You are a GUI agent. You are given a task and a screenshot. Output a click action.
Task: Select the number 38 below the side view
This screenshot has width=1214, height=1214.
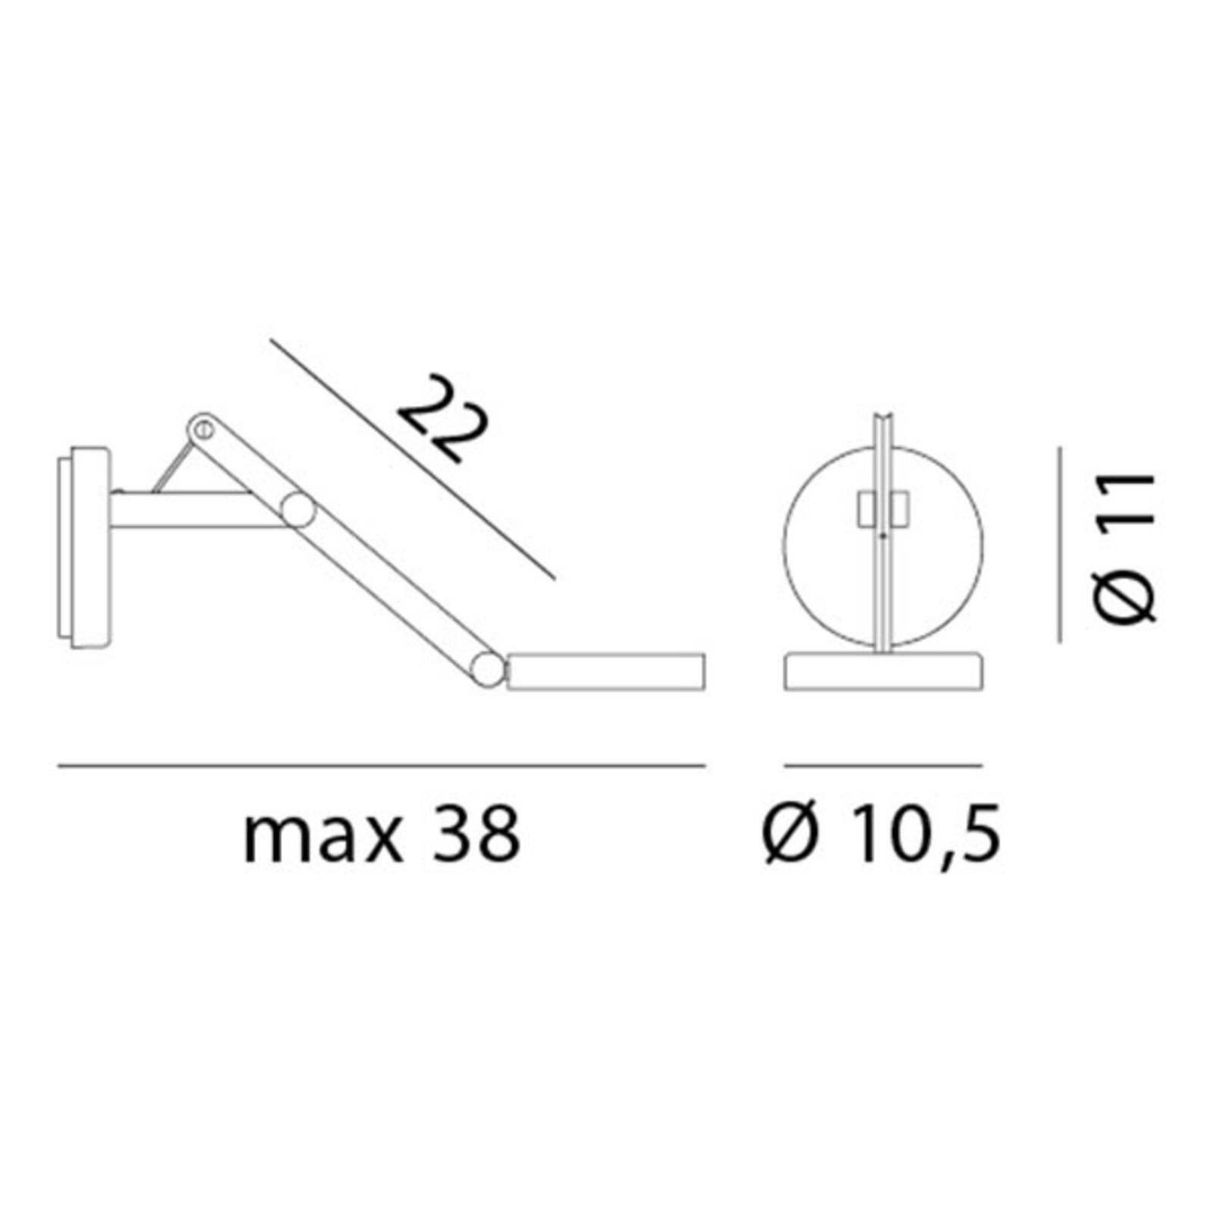click(x=476, y=833)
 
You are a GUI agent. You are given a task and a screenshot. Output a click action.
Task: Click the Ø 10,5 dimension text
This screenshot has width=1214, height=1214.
click(x=882, y=835)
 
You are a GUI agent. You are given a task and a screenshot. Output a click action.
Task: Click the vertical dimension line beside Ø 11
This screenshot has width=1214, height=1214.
click(x=1060, y=544)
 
